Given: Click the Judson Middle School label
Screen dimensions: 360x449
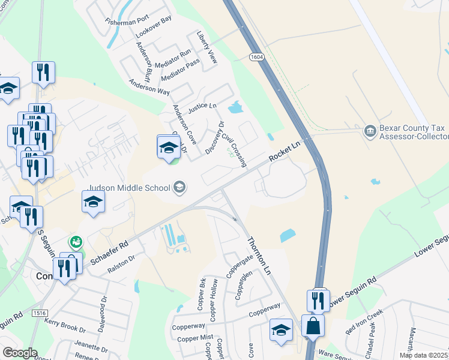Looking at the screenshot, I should click(x=130, y=188).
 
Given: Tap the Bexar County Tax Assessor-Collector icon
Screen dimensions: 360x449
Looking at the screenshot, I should click(x=370, y=130).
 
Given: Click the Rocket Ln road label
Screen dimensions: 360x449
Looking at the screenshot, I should click(x=285, y=151).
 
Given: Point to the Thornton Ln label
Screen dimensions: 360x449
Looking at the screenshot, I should click(x=259, y=255).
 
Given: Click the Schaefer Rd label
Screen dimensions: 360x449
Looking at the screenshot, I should click(x=109, y=254).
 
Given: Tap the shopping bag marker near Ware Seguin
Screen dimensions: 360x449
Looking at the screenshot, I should click(x=313, y=327).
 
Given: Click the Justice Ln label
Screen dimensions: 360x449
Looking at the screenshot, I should click(x=202, y=107).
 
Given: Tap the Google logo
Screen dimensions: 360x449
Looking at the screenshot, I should click(x=20, y=353).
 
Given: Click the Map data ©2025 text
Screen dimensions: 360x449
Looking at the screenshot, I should click(x=423, y=355).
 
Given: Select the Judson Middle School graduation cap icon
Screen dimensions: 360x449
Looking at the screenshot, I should click(x=179, y=188).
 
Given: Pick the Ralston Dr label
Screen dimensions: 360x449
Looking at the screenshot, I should click(x=121, y=266).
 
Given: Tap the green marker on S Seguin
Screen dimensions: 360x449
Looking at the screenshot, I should click(x=76, y=242).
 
